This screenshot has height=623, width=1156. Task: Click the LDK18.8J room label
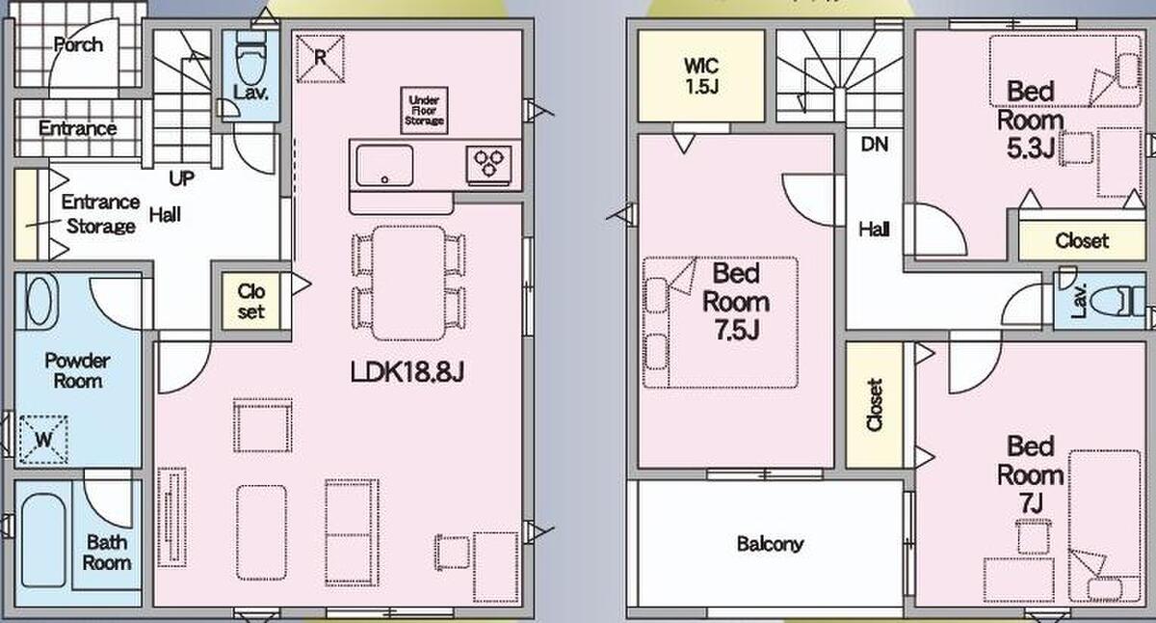407,371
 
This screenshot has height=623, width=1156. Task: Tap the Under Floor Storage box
424,110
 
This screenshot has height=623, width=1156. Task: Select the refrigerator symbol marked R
320,59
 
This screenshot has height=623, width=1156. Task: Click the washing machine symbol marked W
44,440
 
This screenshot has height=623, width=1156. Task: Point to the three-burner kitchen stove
488,165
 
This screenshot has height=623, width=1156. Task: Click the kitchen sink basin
384,165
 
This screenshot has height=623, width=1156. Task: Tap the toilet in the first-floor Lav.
251,57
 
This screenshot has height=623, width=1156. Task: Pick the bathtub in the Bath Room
43,540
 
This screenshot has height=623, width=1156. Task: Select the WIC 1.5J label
701,76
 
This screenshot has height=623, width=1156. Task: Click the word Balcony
770,544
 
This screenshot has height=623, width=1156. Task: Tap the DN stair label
875,145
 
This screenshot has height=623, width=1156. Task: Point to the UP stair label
182,178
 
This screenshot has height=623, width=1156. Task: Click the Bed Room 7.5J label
736,302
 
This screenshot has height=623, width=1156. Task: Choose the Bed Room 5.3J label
1030,120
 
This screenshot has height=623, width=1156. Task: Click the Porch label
78,45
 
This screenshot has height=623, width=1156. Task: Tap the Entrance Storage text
100,214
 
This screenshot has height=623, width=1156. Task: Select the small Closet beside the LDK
251,301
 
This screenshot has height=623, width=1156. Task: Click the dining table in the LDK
408,284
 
